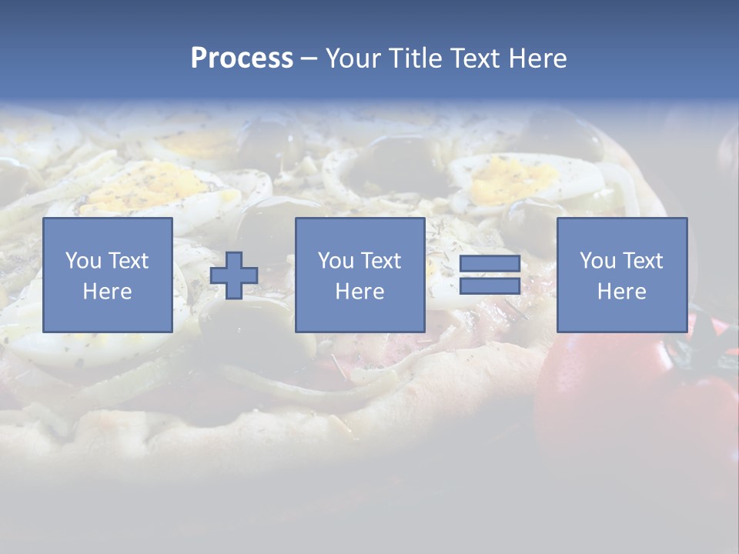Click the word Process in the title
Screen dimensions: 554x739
click(x=242, y=58)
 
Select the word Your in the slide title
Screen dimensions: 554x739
click(x=352, y=58)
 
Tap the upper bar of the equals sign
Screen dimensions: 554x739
click(x=490, y=264)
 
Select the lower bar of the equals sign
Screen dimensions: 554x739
click(x=490, y=285)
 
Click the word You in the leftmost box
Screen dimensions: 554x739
click(x=83, y=261)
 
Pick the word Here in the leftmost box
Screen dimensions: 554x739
click(x=107, y=292)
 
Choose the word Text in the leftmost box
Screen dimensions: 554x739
click(x=128, y=261)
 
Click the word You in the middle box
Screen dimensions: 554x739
click(x=336, y=261)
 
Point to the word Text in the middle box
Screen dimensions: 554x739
click(x=380, y=261)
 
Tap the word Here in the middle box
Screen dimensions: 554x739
click(x=359, y=292)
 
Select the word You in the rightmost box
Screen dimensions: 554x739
click(x=597, y=261)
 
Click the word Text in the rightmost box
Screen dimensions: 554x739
click(x=642, y=261)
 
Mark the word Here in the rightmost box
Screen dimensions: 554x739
click(x=621, y=292)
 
